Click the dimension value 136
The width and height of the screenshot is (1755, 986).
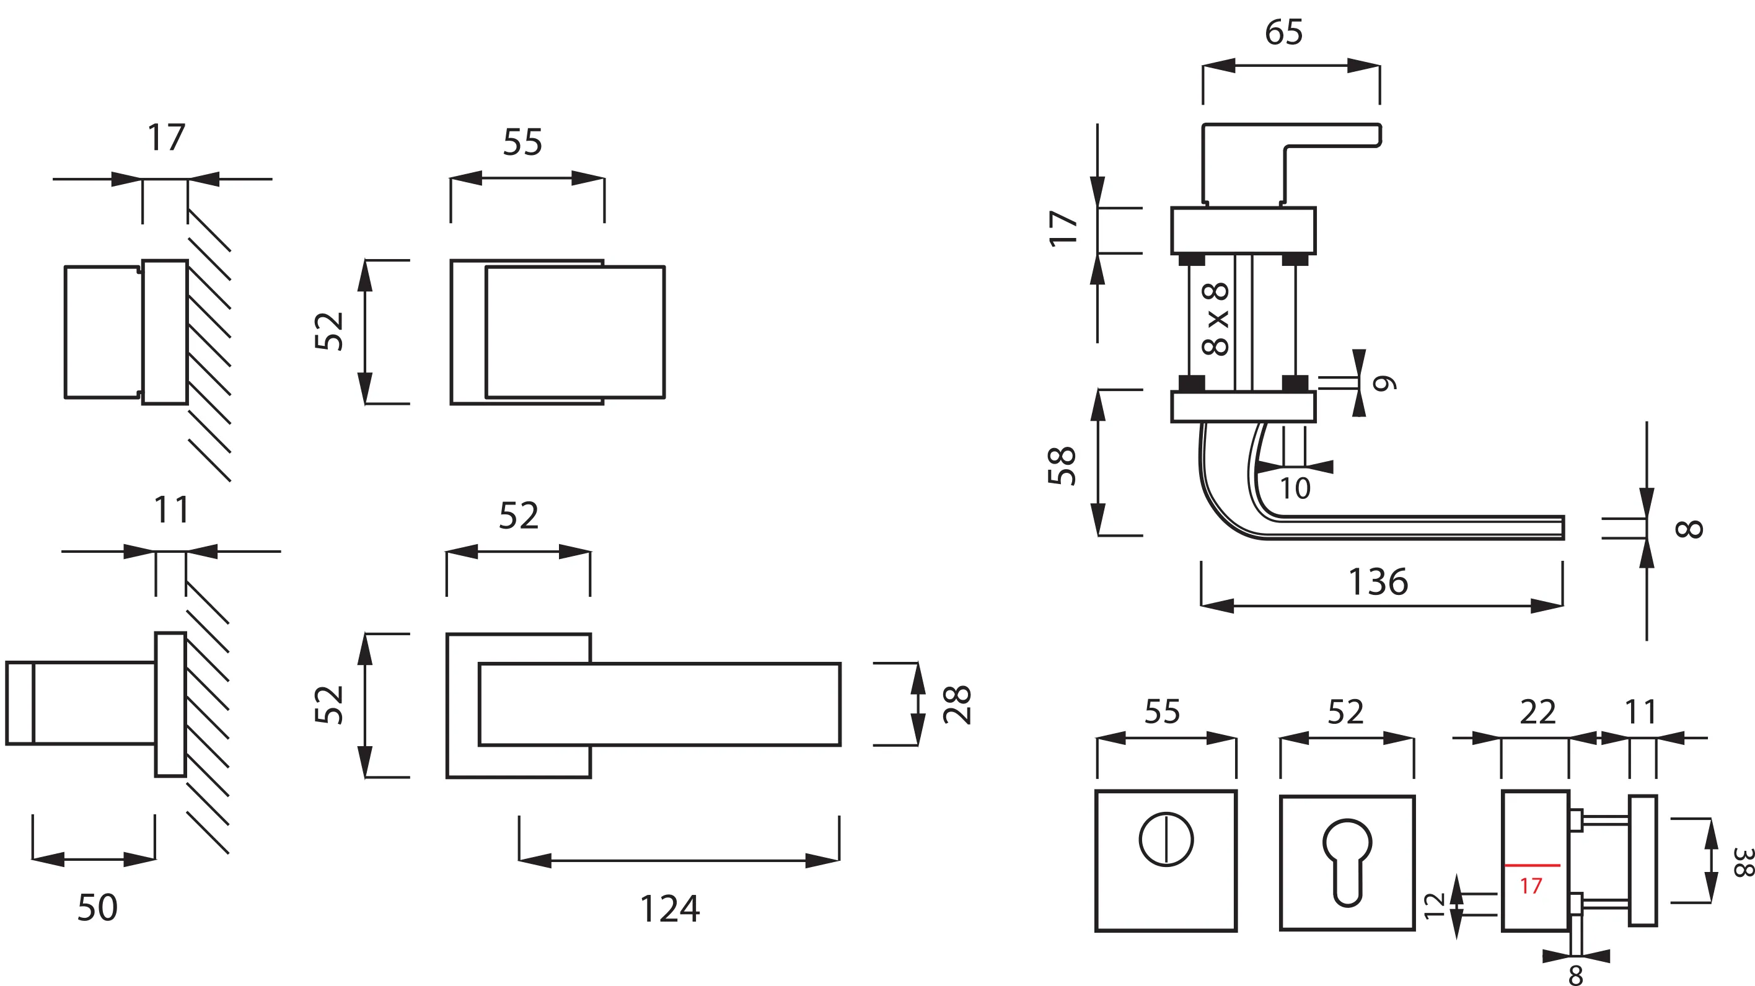1378,582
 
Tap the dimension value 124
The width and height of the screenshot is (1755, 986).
669,909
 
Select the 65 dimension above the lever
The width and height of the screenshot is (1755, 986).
1283,32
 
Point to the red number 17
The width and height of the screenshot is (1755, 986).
1530,886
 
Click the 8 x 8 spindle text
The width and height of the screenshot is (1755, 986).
1216,319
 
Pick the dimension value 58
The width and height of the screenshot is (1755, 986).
1062,465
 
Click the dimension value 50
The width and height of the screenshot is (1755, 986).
97,908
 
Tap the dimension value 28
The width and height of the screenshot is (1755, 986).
957,704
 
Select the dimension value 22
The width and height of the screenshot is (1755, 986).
1537,713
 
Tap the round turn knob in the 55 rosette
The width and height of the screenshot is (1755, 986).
1166,840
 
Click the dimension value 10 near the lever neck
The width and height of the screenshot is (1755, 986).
1295,488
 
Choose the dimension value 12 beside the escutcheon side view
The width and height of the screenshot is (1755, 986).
1435,905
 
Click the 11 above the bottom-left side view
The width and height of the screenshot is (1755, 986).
171,509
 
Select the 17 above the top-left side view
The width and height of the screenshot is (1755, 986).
166,138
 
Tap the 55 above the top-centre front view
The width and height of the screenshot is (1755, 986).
522,143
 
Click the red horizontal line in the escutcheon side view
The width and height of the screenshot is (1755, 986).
1531,865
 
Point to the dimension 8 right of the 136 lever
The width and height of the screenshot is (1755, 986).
1688,529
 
